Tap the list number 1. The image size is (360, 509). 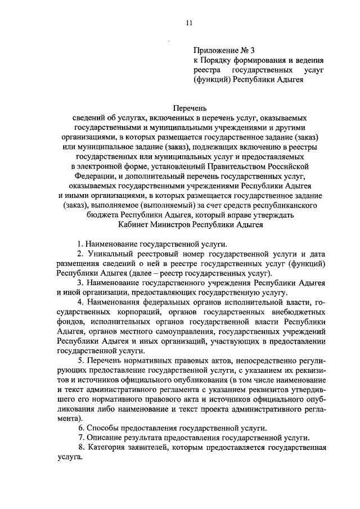[80, 245]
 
